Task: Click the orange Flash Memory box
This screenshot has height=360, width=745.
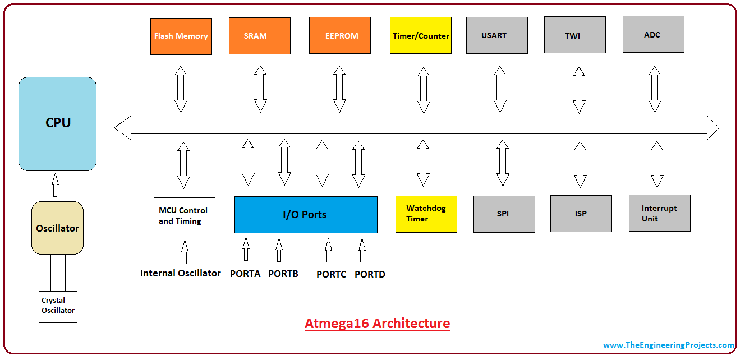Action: pos(181,36)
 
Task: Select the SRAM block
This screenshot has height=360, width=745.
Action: pos(259,36)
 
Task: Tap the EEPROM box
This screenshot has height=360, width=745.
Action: pos(340,36)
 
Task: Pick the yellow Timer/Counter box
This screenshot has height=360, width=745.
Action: pos(421,36)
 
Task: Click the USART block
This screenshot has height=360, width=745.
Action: pos(496,35)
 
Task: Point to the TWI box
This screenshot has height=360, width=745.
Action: pos(574,35)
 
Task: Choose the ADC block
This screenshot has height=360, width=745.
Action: pos(653,35)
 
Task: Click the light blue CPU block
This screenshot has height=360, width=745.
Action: pos(57,123)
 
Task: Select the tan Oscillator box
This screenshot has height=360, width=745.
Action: pos(57,228)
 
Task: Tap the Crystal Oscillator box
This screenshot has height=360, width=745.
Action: pos(58,306)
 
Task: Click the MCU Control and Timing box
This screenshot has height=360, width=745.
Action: pos(184,215)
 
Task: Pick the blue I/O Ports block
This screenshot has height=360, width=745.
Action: pos(306,214)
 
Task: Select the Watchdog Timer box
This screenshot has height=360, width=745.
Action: pos(426,214)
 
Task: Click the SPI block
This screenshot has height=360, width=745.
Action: pos(504,214)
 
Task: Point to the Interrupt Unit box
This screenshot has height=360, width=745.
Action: pos(659,213)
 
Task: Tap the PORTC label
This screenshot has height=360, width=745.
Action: pos(331,275)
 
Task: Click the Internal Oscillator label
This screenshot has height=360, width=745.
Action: pos(181,274)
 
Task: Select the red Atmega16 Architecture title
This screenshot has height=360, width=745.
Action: pos(377,324)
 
